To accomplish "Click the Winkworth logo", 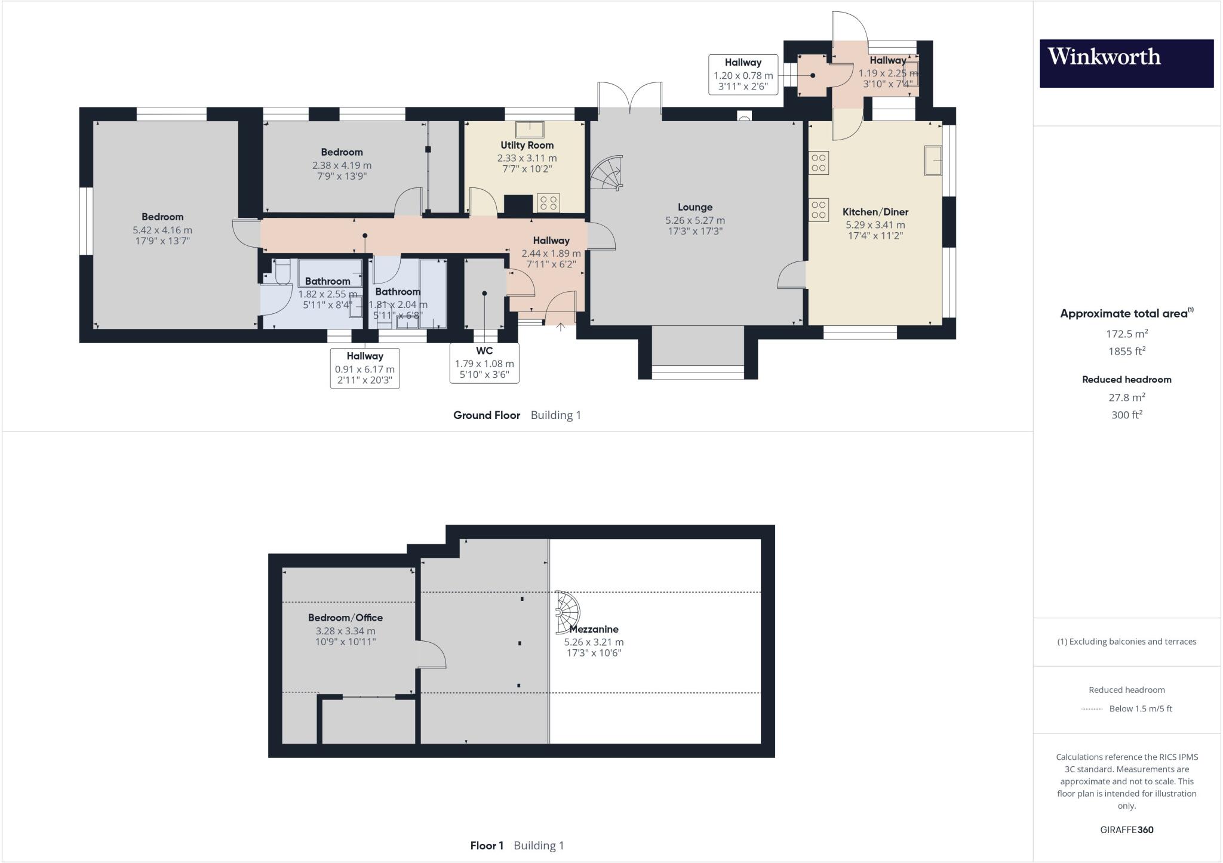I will click(1126, 63).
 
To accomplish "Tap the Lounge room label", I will click(695, 207).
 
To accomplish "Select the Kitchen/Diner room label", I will click(875, 212).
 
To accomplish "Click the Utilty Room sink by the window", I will click(530, 130).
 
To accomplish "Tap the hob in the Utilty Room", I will click(548, 203).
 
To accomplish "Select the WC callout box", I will click(484, 363).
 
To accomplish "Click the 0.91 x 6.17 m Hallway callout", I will click(364, 368).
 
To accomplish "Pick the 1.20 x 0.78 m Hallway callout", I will click(743, 75).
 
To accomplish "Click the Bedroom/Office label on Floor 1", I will click(345, 618).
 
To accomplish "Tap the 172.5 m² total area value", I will click(1126, 334).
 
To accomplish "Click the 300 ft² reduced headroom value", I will click(1126, 415).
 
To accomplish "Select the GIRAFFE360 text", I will click(1126, 830).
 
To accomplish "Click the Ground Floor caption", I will click(486, 415).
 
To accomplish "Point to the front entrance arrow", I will click(560, 327).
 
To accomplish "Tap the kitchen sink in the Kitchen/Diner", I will click(933, 160).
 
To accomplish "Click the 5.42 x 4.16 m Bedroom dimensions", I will click(162, 230).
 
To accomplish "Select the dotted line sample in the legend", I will click(1092, 709).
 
